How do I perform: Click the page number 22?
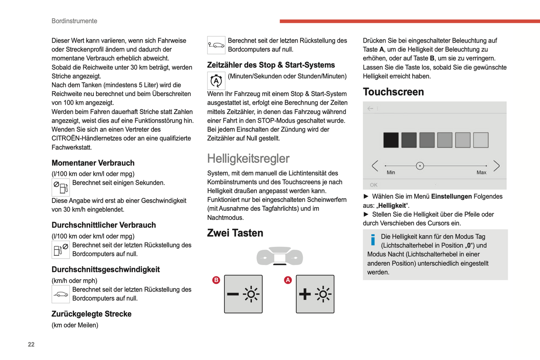pyautogui.click(x=31, y=344)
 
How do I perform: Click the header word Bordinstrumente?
pyautogui.click(x=74, y=21)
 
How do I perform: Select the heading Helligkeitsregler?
pyautogui.click(x=248, y=159)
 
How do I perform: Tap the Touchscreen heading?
pyautogui.click(x=393, y=92)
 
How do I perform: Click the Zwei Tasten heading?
pyautogui.click(x=235, y=233)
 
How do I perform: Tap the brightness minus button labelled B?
pyautogui.click(x=243, y=294)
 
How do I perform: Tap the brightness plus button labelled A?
pyautogui.click(x=315, y=294)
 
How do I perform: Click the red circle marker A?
pyautogui.click(x=288, y=280)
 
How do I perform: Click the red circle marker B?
pyautogui.click(x=216, y=280)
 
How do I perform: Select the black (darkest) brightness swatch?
pyautogui.click(x=391, y=140)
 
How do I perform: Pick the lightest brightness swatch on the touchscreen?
pyautogui.click(x=481, y=140)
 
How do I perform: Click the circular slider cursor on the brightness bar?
pyautogui.click(x=420, y=166)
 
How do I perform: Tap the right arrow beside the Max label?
pyautogui.click(x=496, y=166)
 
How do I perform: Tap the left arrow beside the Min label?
pyautogui.click(x=375, y=166)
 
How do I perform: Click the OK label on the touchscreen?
pyautogui.click(x=374, y=185)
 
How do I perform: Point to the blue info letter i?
pyautogui.click(x=373, y=240)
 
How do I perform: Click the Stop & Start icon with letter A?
pyautogui.click(x=216, y=80)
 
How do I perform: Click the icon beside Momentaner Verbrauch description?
pyautogui.click(x=61, y=187)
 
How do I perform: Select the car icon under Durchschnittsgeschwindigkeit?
pyautogui.click(x=61, y=294)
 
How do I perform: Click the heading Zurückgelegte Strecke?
pyautogui.click(x=92, y=314)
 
